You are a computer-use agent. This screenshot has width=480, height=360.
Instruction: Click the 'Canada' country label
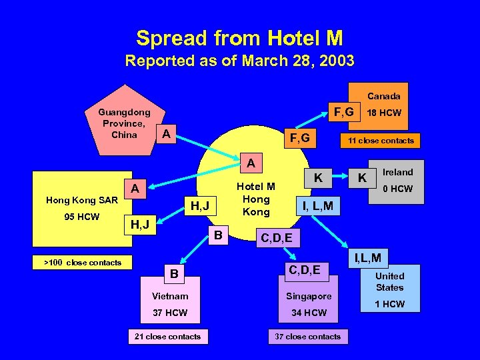click(x=384, y=96)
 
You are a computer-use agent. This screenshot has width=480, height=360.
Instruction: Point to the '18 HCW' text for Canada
click(x=386, y=113)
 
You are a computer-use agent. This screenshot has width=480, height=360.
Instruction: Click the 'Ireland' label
click(x=398, y=172)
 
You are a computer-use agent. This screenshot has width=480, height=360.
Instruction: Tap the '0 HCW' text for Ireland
click(x=398, y=189)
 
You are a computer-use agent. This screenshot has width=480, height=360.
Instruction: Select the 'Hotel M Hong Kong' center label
click(x=256, y=199)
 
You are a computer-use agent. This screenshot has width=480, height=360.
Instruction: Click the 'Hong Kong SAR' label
click(x=82, y=200)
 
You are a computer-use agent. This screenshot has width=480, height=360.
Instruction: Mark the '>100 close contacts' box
click(x=83, y=263)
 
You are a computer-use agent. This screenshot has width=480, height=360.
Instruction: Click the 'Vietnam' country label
click(x=170, y=295)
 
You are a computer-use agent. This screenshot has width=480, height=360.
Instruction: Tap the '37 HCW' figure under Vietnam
click(x=170, y=313)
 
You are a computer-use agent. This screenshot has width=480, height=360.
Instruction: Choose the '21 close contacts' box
click(x=167, y=337)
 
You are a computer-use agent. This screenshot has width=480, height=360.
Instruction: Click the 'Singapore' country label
click(x=309, y=295)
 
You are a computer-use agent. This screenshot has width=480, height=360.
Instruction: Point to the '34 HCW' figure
click(x=309, y=313)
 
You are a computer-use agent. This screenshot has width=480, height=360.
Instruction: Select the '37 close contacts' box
click(x=307, y=337)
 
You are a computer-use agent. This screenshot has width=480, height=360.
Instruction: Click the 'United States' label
click(x=389, y=281)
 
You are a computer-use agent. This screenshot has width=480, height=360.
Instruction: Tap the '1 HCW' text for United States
click(x=389, y=304)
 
